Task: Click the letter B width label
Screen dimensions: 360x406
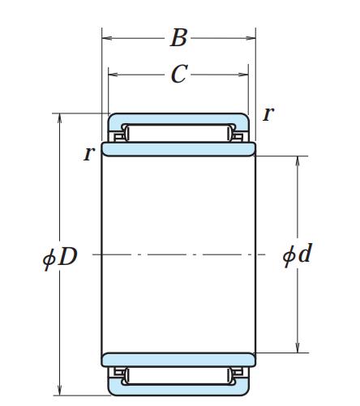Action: pos(178,37)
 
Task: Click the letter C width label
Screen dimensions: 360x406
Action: pos(179,74)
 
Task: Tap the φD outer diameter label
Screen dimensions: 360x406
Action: pos(60,256)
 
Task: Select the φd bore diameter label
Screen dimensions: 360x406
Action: pos(298,254)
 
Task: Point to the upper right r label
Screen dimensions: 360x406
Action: pos(268,113)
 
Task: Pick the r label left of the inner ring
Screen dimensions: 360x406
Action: pos(89,153)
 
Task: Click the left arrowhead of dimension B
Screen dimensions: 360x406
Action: pos(107,38)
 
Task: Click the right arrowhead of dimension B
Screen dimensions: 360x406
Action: pos(251,38)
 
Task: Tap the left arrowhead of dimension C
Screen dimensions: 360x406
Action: pos(114,75)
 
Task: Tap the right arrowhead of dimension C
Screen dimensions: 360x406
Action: pos(243,75)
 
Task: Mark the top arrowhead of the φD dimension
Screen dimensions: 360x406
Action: pos(60,118)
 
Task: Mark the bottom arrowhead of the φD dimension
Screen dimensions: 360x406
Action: pos(60,391)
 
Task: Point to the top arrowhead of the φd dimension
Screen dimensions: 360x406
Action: pos(298,161)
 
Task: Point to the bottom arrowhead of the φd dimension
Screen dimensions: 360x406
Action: pos(298,348)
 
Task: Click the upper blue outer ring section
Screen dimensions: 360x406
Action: pos(178,119)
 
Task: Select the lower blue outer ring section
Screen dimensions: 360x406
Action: pos(178,390)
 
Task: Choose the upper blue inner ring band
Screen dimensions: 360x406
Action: pos(178,149)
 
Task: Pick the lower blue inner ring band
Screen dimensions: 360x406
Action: pos(178,360)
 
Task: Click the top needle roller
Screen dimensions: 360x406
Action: pos(178,133)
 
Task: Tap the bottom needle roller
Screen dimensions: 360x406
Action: pos(178,376)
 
